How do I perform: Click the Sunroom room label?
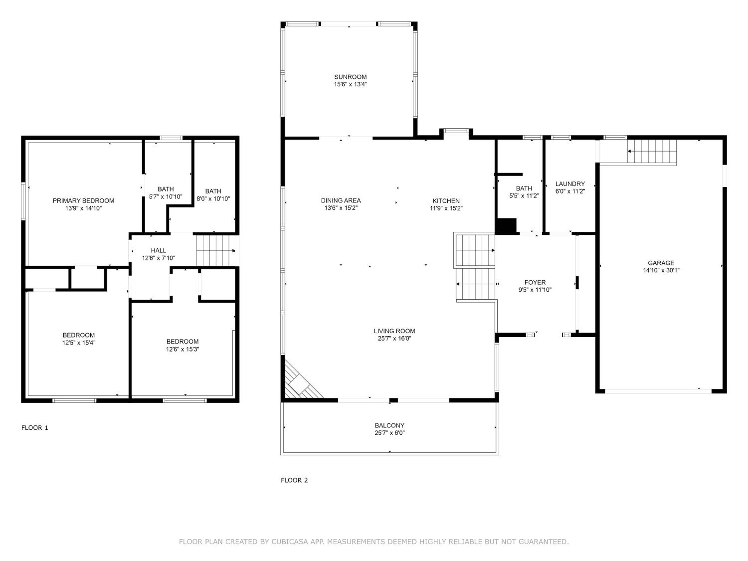coord(350,77)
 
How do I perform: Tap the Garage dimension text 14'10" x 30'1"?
coord(661,270)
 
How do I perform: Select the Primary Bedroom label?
coord(83,200)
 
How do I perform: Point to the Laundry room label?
coord(570,184)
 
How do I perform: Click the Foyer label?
coord(535,282)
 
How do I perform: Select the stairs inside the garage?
coord(652,151)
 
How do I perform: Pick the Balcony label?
coord(389,425)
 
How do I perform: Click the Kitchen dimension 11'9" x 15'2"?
coord(446,208)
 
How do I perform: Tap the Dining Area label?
coord(341,200)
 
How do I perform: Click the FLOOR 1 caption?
coord(35,428)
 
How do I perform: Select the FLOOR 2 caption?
coord(294,480)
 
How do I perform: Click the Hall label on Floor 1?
coord(158,251)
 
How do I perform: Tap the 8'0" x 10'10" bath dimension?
coord(213,199)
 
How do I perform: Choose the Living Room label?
coord(394,331)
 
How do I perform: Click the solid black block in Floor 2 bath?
coord(506,226)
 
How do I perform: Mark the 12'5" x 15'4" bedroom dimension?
coord(79,343)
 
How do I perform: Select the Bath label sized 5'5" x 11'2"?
coord(524,188)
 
